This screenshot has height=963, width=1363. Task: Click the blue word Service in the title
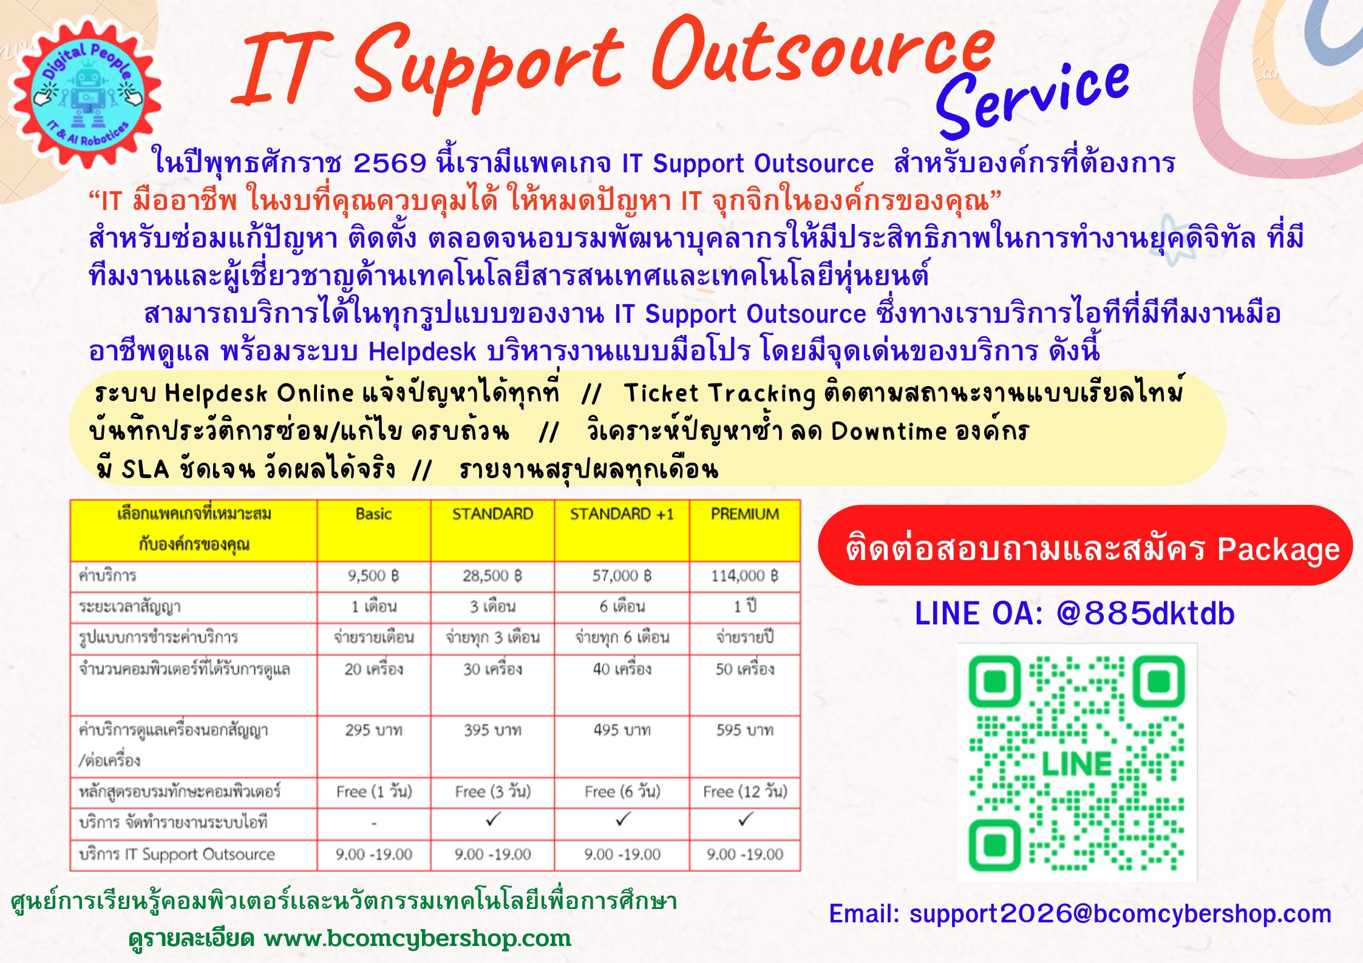1032,100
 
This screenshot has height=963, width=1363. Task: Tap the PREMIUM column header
745,514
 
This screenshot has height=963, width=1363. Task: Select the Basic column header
373,514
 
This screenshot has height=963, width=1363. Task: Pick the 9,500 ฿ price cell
373,575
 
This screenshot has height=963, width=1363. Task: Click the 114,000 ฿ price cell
745,575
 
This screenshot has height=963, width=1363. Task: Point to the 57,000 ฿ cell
622,575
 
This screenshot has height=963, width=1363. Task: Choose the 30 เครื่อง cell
492,669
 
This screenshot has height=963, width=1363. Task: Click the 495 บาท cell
622,729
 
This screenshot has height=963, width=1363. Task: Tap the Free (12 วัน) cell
745,791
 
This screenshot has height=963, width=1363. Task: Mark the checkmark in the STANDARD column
493,819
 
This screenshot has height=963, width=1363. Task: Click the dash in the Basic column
374,823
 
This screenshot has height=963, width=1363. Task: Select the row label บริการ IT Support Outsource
177,854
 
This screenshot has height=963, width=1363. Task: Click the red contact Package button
1086,545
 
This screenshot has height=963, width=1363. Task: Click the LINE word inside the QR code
1076,763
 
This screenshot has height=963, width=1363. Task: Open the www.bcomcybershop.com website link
418,938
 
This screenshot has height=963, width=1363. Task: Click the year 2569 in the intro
389,163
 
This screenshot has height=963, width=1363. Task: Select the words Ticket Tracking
719,394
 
